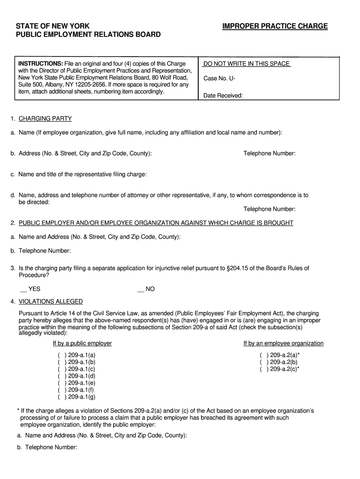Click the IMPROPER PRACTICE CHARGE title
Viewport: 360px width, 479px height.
pos(275,26)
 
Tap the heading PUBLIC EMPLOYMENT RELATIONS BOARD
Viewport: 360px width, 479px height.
pos(88,35)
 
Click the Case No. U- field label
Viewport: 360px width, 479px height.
pos(219,79)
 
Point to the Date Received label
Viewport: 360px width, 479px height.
pos(223,96)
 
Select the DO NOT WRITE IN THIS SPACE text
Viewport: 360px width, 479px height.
pos(247,64)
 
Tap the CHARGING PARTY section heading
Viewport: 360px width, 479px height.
pos(45,119)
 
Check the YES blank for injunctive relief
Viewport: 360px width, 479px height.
pos(23,289)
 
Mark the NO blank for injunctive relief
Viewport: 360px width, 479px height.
pos(140,289)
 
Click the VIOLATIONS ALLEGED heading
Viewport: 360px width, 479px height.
pos(50,302)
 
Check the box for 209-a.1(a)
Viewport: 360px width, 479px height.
pos(61,355)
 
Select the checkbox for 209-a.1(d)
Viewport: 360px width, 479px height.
pos(61,376)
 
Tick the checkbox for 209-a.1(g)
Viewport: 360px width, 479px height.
pos(61,397)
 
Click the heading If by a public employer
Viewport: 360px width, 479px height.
pos(82,343)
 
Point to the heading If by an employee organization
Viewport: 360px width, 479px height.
pos(283,343)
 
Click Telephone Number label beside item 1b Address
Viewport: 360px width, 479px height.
pos(269,153)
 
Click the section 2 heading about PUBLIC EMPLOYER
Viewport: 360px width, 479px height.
pos(156,223)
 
